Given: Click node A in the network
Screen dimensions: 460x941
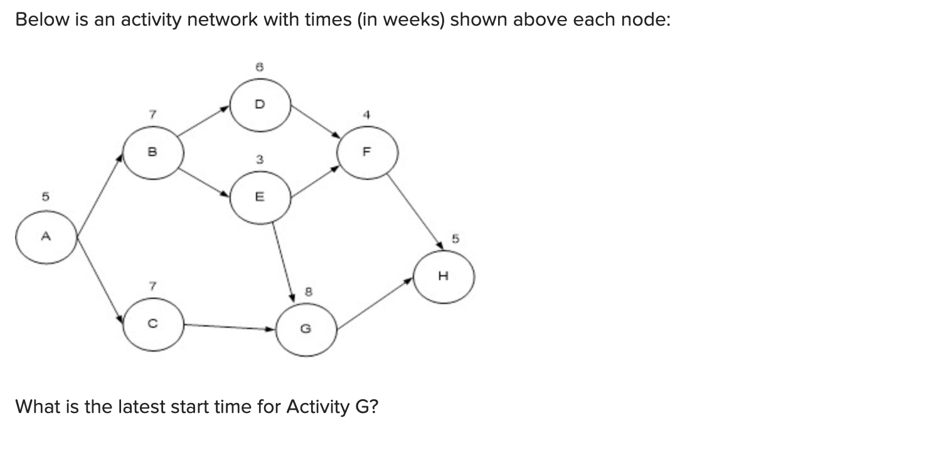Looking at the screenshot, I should (x=46, y=237).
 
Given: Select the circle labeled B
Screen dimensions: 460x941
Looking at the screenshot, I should (x=153, y=152).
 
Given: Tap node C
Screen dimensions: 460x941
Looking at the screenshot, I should (x=153, y=325).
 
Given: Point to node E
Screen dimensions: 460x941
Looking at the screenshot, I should (x=260, y=197).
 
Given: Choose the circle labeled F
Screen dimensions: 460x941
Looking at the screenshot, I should (x=367, y=152).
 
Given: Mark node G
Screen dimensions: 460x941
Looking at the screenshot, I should (x=306, y=328).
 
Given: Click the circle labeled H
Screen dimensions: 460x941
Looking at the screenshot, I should (x=444, y=276).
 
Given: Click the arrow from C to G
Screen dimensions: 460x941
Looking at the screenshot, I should (x=230, y=327).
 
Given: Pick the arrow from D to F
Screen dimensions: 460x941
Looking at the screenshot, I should (x=316, y=121).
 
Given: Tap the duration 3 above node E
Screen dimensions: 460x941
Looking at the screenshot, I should (x=259, y=160).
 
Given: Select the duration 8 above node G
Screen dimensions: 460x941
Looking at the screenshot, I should (x=307, y=291).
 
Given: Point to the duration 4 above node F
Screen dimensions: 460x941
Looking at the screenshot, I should (x=368, y=115).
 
